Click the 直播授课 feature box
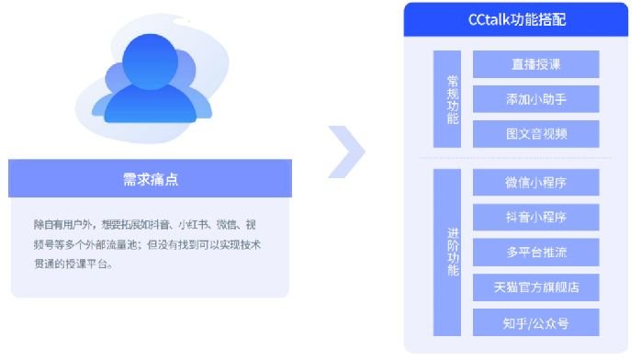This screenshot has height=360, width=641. (x=536, y=64)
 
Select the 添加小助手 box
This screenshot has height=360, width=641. (x=536, y=99)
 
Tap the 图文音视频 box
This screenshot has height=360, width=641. (x=536, y=134)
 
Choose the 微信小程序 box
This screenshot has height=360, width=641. (x=536, y=182)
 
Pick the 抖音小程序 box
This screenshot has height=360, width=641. (x=536, y=218)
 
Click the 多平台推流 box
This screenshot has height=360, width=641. (x=536, y=253)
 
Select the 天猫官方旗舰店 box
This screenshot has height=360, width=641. (x=536, y=287)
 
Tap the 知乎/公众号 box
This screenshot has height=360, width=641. (x=536, y=322)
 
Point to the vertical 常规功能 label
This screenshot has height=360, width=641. (x=447, y=99)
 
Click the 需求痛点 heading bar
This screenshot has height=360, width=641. (x=151, y=179)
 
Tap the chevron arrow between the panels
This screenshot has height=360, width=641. (x=347, y=152)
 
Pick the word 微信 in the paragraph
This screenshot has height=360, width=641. (x=229, y=225)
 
